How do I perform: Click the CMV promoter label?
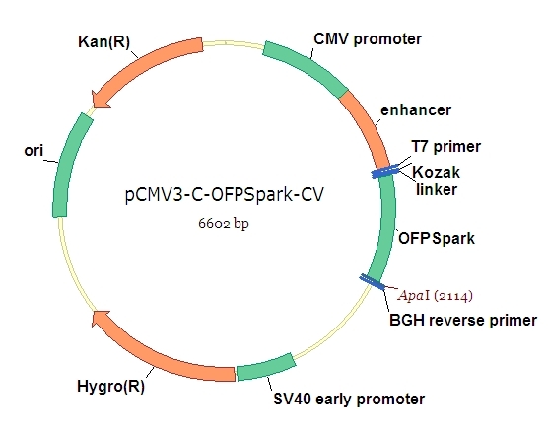pos(367,39)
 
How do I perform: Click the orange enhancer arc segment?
pos(366,123)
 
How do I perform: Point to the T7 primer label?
pos(446,147)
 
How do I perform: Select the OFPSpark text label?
pos(436,238)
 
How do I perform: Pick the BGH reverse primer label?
pos(462,320)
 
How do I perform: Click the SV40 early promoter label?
pos(348,400)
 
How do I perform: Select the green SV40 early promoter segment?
pos(266,369)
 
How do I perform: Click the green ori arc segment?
pos(68,163)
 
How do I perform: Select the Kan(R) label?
pos(103,44)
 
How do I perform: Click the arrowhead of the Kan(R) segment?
pos(100,97)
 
